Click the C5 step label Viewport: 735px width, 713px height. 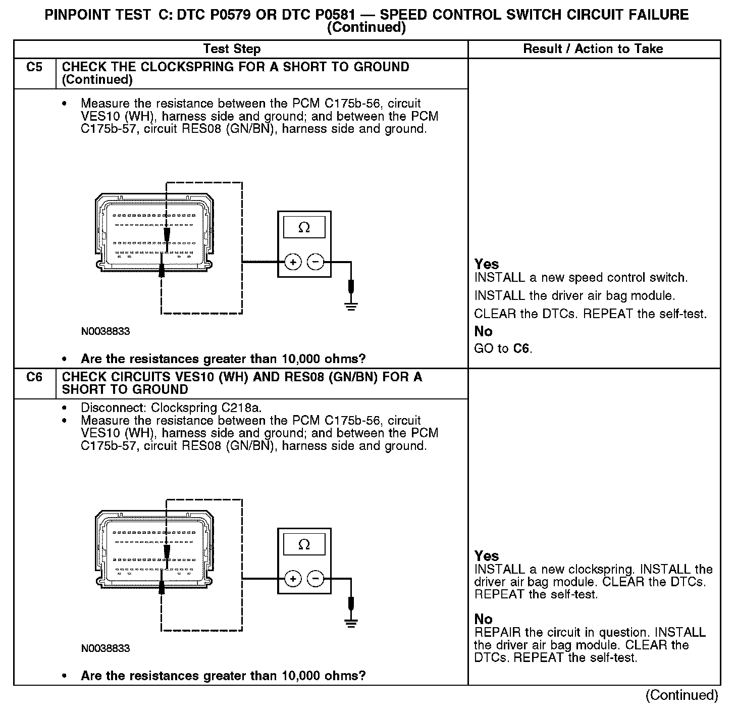[34, 67]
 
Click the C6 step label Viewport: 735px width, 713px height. [34, 377]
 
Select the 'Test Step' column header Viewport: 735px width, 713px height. [232, 49]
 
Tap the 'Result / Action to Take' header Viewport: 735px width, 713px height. [593, 49]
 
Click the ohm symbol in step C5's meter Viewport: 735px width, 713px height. [304, 228]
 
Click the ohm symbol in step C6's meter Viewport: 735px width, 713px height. [304, 544]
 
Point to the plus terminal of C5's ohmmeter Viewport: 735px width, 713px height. [293, 262]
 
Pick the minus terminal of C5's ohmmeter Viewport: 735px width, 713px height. [316, 262]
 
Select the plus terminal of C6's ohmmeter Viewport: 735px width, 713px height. [293, 579]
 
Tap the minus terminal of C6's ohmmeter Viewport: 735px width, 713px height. [316, 579]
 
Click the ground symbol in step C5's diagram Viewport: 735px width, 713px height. [351, 305]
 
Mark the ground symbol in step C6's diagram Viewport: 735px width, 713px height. [351, 622]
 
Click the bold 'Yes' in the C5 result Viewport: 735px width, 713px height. [487, 264]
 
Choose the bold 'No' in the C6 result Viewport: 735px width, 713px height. [483, 619]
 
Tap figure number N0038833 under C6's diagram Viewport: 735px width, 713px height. [105, 648]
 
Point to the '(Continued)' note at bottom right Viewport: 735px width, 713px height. [681, 695]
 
